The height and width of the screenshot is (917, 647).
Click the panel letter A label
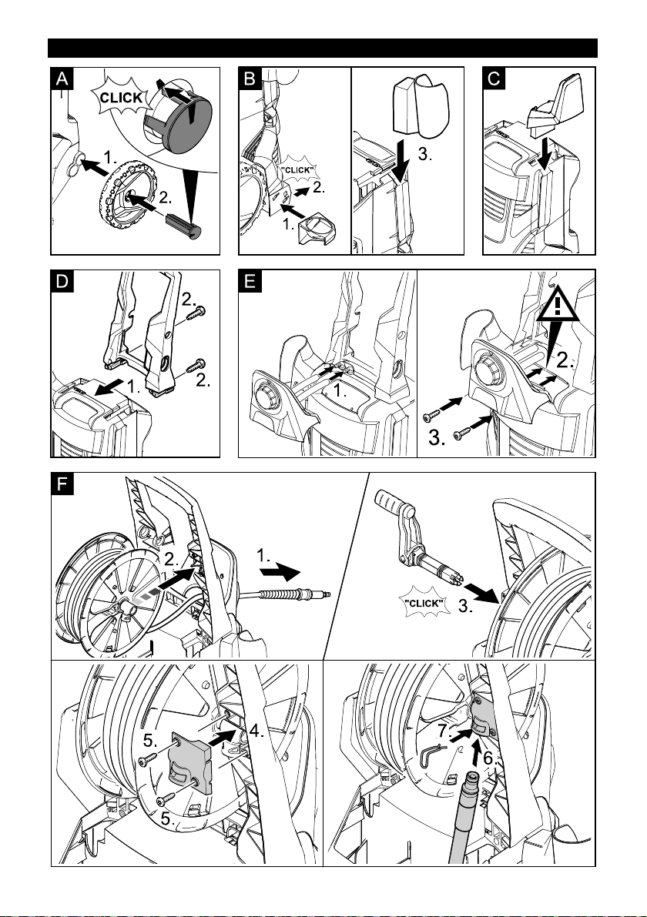pyautogui.click(x=62, y=79)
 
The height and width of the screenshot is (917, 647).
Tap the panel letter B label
pyautogui.click(x=250, y=79)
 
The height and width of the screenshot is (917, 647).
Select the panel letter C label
pyautogui.click(x=494, y=79)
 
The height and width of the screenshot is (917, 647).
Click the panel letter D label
pyautogui.click(x=62, y=281)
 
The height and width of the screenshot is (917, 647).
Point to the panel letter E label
pyautogui.click(x=250, y=281)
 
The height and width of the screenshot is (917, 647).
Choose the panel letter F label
pyautogui.click(x=62, y=484)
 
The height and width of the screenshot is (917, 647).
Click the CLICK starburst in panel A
pyautogui.click(x=121, y=98)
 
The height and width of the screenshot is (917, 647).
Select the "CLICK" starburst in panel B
pyautogui.click(x=297, y=170)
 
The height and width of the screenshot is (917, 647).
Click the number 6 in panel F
pyautogui.click(x=488, y=758)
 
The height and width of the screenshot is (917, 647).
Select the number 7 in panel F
pyautogui.click(x=444, y=731)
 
